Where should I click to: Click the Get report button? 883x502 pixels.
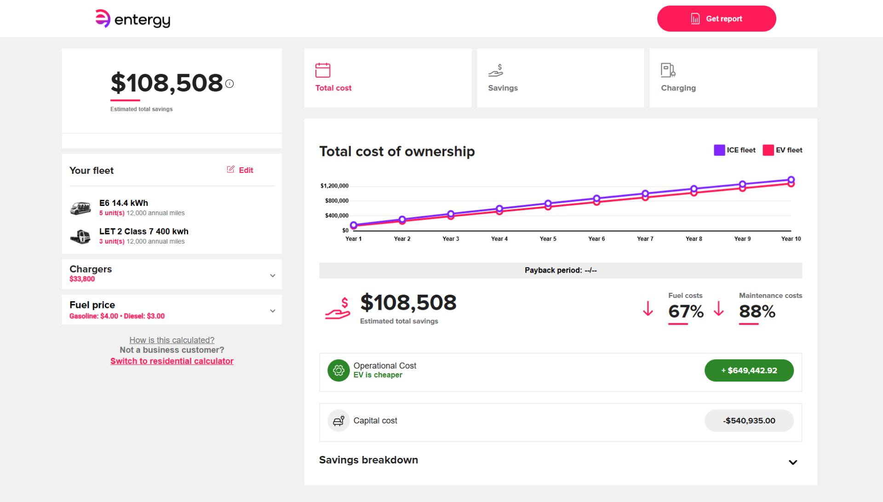pyautogui.click(x=717, y=19)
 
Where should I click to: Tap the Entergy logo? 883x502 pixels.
pyautogui.click(x=132, y=19)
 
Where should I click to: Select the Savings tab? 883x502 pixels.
pyautogui.click(x=561, y=78)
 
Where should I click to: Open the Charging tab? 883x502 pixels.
pyautogui.click(x=733, y=78)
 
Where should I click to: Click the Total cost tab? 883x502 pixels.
pyautogui.click(x=388, y=78)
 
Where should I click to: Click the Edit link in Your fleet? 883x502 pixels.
pyautogui.click(x=240, y=170)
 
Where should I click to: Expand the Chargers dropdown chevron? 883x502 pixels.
pyautogui.click(x=273, y=275)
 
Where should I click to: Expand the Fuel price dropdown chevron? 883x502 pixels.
pyautogui.click(x=273, y=311)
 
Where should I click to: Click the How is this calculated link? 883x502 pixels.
pyautogui.click(x=172, y=340)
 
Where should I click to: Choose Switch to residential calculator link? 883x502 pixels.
pyautogui.click(x=172, y=361)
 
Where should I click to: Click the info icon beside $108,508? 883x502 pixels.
pyautogui.click(x=229, y=84)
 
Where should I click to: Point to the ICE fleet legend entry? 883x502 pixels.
pyautogui.click(x=734, y=150)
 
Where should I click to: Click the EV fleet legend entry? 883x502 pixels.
pyautogui.click(x=782, y=150)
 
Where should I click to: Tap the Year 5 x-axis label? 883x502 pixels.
pyautogui.click(x=548, y=239)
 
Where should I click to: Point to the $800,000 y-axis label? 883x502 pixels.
pyautogui.click(x=337, y=201)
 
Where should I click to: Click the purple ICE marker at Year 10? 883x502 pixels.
pyautogui.click(x=791, y=180)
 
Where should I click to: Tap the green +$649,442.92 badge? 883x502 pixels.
pyautogui.click(x=749, y=371)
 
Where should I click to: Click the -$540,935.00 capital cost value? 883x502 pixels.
pyautogui.click(x=749, y=421)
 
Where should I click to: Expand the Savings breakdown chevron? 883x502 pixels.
pyautogui.click(x=793, y=462)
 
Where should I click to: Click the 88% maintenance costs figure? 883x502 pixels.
pyautogui.click(x=757, y=312)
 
